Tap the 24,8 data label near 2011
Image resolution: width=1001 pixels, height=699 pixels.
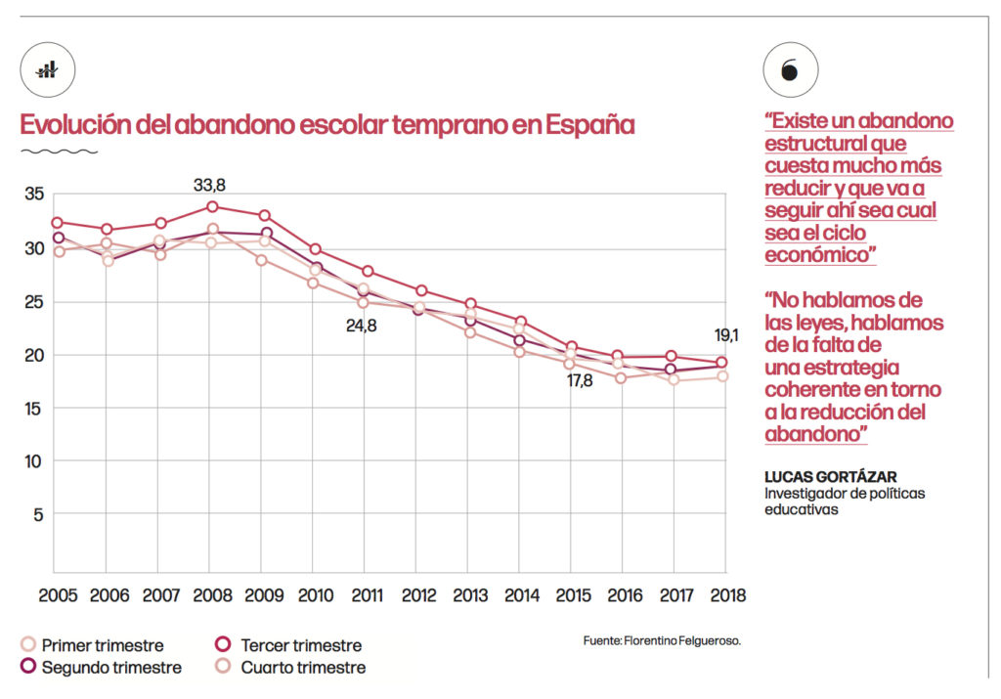click(x=361, y=326)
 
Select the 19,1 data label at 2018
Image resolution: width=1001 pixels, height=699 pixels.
click(x=724, y=335)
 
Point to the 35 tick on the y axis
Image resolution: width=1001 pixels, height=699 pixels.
click(x=33, y=195)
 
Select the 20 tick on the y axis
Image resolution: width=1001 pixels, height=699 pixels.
click(x=33, y=354)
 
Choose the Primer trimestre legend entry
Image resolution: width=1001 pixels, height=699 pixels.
click(x=93, y=645)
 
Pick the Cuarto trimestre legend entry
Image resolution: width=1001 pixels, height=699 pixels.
click(x=289, y=668)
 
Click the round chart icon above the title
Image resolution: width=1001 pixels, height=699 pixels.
click(x=47, y=70)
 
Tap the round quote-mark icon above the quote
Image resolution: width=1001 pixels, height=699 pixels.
click(x=790, y=70)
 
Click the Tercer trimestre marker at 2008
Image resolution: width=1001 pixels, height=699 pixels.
click(x=212, y=206)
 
